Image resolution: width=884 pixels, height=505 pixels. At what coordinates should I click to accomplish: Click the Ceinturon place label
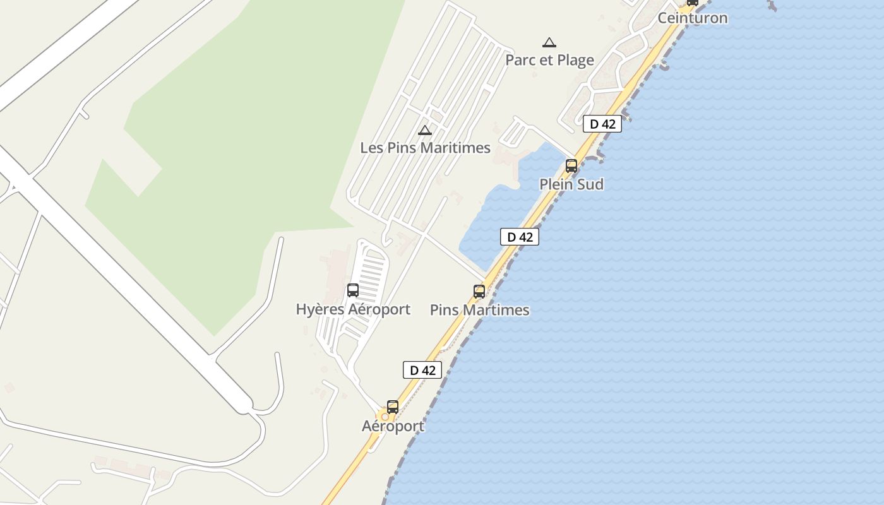[692, 18]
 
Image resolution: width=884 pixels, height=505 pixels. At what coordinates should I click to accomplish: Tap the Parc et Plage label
[549, 60]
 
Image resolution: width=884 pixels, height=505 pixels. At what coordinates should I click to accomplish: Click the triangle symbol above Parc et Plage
[549, 43]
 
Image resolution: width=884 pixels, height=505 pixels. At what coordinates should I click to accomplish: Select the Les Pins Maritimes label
[425, 148]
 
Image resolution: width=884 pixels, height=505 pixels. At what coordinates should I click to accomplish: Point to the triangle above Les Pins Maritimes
[425, 131]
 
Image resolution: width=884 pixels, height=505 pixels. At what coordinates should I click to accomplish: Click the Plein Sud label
[571, 184]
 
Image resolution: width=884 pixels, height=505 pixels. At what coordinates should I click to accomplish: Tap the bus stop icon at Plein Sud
[571, 166]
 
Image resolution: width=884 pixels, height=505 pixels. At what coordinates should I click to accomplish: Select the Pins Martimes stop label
[479, 310]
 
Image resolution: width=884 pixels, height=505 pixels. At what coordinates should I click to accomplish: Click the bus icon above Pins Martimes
[479, 292]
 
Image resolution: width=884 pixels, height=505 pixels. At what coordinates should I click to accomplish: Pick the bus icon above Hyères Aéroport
[353, 290]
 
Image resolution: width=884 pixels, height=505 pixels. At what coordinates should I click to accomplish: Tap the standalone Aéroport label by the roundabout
[393, 426]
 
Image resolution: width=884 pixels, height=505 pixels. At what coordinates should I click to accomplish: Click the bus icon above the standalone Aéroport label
[393, 407]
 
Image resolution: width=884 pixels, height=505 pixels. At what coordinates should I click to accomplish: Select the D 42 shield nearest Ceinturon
[602, 124]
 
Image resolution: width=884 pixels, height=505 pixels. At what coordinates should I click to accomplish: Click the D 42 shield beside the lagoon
[520, 237]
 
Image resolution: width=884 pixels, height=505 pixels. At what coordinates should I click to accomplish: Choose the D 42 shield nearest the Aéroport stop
[422, 370]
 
